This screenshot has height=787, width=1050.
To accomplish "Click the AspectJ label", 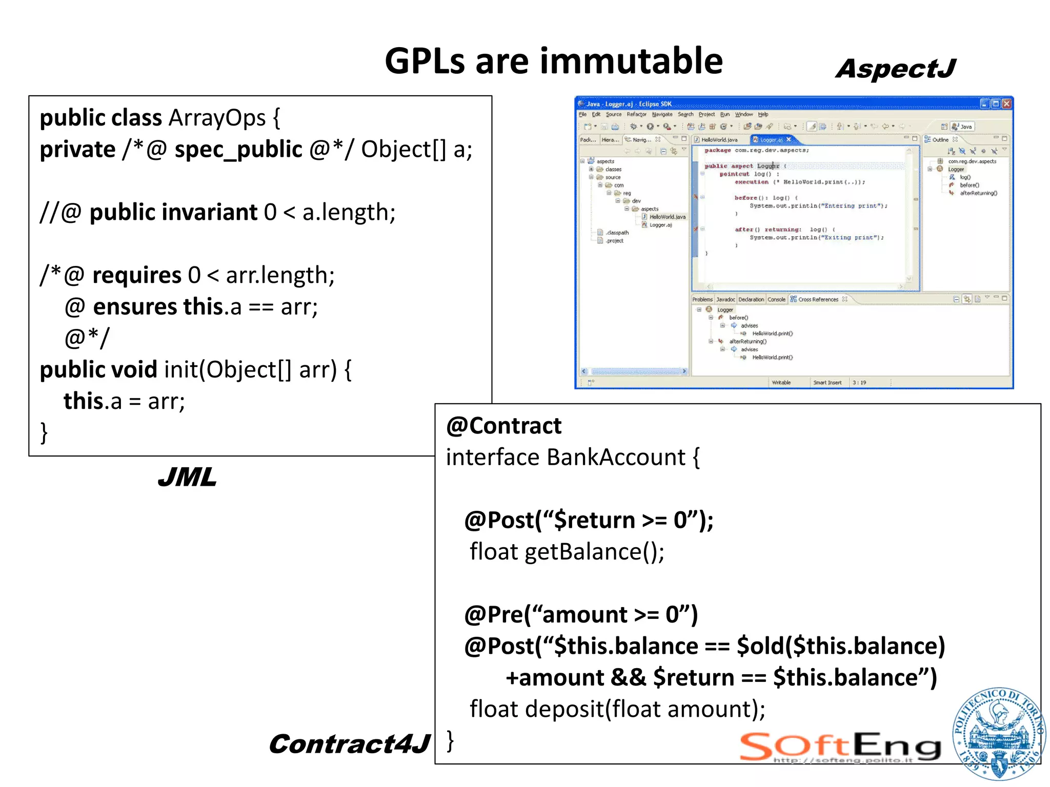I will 895,69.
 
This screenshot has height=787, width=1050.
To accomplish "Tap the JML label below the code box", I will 187,478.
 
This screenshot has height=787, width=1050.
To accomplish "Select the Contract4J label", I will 349,744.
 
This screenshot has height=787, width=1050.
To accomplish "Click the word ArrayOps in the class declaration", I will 217,118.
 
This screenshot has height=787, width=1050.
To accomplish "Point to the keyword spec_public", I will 238,150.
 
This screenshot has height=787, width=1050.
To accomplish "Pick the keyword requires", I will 137,276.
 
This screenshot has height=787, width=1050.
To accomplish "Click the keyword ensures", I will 135,307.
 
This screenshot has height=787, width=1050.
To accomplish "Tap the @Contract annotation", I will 503,426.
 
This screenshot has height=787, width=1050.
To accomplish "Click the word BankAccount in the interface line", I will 616,457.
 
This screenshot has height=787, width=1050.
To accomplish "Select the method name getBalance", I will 583,552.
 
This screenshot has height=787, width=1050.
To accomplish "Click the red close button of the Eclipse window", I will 1006,103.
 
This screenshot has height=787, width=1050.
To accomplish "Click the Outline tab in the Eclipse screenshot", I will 939,139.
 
